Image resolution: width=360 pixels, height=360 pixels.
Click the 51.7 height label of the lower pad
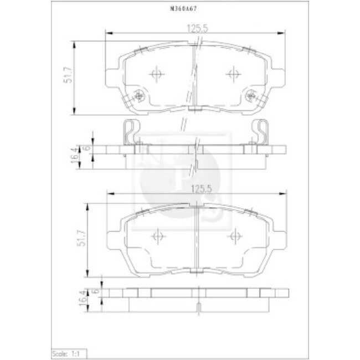tap(83, 239)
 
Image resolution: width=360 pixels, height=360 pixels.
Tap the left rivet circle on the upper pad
tap(139, 95)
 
